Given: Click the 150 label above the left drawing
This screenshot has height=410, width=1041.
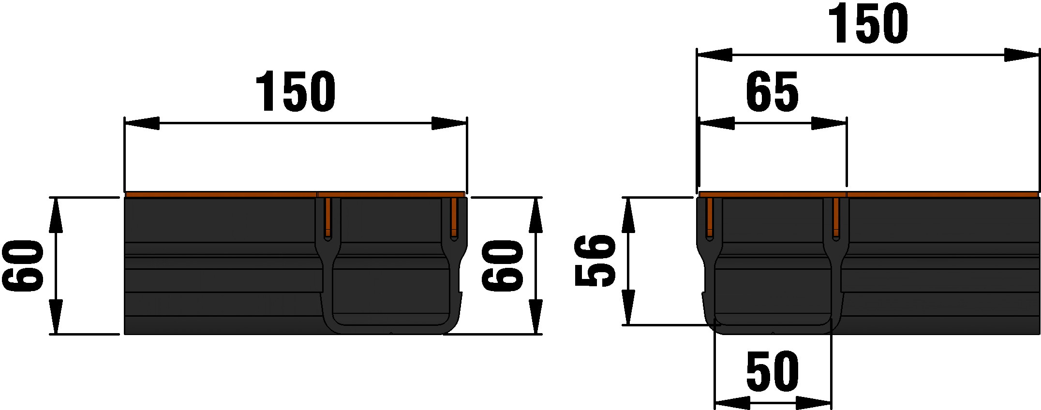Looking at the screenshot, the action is pos(295,92).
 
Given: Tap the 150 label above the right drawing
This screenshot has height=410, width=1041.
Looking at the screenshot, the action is pos(868,24).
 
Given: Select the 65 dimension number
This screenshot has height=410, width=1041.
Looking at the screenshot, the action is pos(772,92).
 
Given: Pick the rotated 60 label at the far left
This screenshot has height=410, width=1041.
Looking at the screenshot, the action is pos(23,266).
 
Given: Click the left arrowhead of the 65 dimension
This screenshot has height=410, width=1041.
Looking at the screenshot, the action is pos(717,123).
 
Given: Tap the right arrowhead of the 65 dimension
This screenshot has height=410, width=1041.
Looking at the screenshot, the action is pos(829,123).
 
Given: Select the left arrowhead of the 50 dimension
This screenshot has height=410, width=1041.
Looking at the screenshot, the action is pos(732,402).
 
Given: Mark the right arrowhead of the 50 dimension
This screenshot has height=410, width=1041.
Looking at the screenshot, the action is pos(814,402).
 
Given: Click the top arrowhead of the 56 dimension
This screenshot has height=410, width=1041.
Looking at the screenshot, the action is pos(628,215).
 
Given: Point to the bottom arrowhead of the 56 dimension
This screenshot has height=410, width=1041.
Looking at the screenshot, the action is pos(628,307).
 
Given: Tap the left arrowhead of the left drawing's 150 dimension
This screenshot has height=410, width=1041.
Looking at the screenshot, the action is pos(142,123).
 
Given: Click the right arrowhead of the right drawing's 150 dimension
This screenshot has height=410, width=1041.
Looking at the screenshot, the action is pos(1022,55).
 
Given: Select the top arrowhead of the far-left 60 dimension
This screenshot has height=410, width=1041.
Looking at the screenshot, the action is pos(56,215).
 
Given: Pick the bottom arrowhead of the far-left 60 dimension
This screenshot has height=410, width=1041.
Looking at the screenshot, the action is pos(56,317).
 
